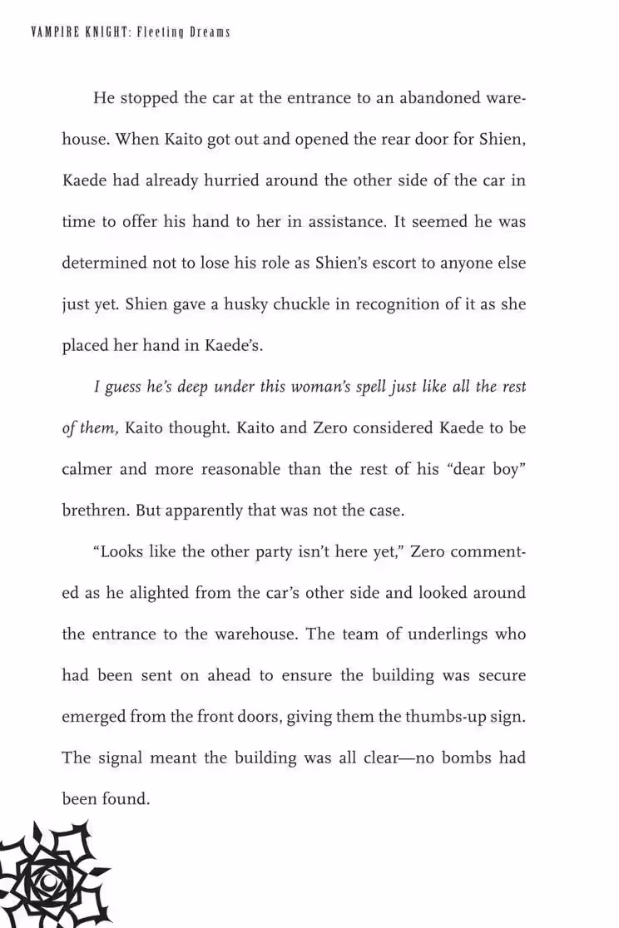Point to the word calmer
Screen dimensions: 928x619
tap(87, 469)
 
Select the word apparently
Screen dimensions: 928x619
tap(205, 511)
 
